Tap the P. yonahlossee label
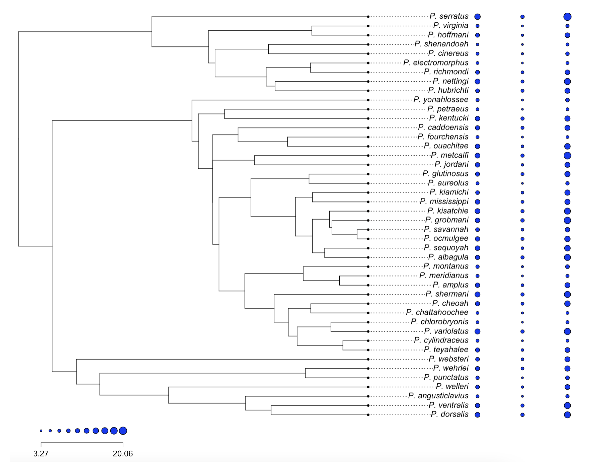click(441, 100)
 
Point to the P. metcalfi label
click(450, 155)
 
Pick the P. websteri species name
click(449, 359)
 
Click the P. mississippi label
click(444, 202)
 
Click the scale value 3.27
click(41, 454)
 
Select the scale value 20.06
click(123, 454)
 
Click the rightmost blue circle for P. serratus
click(567, 17)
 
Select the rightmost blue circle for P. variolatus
click(567, 331)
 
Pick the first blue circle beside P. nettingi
click(477, 81)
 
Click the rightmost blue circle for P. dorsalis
click(567, 415)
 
